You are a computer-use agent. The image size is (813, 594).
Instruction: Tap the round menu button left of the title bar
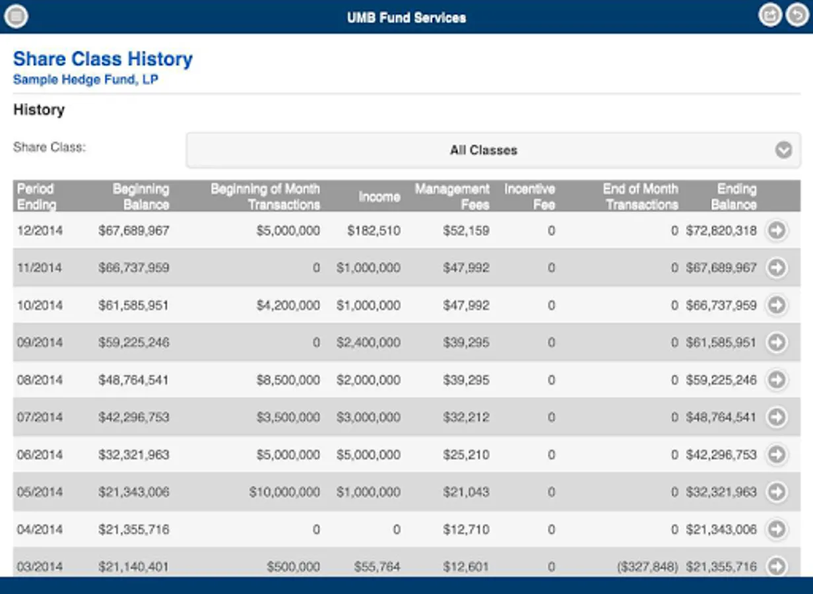pyautogui.click(x=16, y=16)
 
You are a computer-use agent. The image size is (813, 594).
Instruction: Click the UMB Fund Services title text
pyautogui.click(x=406, y=18)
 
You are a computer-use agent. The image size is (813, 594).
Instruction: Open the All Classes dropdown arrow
pyautogui.click(x=783, y=150)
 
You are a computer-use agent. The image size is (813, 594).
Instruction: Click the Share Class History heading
pyautogui.click(x=103, y=59)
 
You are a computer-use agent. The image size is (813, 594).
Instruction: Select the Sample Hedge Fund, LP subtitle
pyautogui.click(x=86, y=80)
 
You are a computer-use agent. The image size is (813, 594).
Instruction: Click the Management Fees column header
pyautogui.click(x=452, y=197)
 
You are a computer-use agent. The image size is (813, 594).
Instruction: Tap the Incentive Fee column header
pyautogui.click(x=529, y=197)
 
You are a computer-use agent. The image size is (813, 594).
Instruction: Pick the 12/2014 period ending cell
pyautogui.click(x=39, y=230)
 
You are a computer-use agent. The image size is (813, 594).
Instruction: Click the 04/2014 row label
pyautogui.click(x=39, y=529)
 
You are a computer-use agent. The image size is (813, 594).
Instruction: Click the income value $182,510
pyautogui.click(x=374, y=230)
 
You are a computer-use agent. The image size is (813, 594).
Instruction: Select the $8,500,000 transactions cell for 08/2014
pyautogui.click(x=288, y=380)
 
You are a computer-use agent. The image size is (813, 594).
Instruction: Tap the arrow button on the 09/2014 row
pyautogui.click(x=777, y=342)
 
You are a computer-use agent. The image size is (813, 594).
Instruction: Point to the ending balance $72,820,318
pyautogui.click(x=721, y=230)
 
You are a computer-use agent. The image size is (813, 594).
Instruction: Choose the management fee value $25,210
pyautogui.click(x=467, y=455)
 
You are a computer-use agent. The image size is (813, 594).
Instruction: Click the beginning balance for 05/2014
pyautogui.click(x=133, y=492)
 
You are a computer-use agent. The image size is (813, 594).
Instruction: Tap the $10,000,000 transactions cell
pyautogui.click(x=284, y=492)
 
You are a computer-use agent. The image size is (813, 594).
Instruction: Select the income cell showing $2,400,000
pyautogui.click(x=368, y=343)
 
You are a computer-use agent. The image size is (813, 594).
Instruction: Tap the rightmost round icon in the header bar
pyautogui.click(x=797, y=15)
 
